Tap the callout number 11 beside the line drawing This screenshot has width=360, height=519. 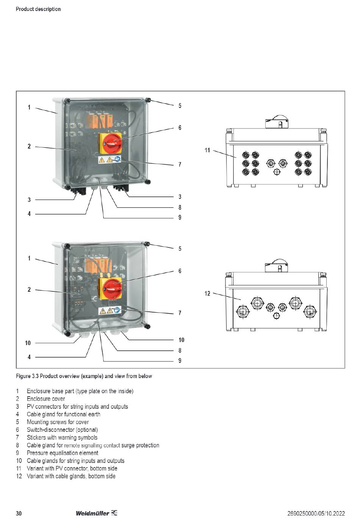(x=207, y=150)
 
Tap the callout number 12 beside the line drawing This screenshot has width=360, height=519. (x=207, y=294)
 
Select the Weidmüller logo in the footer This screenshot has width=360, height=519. (x=96, y=513)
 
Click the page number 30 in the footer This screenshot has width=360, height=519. (x=19, y=513)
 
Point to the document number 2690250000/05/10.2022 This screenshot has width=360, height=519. (x=316, y=513)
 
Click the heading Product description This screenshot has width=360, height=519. (x=38, y=9)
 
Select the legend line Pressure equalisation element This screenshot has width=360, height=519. (x=63, y=453)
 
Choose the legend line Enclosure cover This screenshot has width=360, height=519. (x=46, y=399)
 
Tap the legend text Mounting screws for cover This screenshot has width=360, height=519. (x=58, y=422)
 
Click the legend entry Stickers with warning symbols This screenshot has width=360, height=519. (x=62, y=437)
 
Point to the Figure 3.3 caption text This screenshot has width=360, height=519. (x=84, y=376)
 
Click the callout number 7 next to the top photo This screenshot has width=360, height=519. (x=180, y=164)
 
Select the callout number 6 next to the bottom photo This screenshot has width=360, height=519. (x=180, y=271)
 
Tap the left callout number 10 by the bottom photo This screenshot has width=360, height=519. (x=28, y=343)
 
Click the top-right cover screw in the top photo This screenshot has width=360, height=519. (x=148, y=100)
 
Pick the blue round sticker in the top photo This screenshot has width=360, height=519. (x=117, y=159)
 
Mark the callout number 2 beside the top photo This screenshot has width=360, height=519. (x=29, y=146)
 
